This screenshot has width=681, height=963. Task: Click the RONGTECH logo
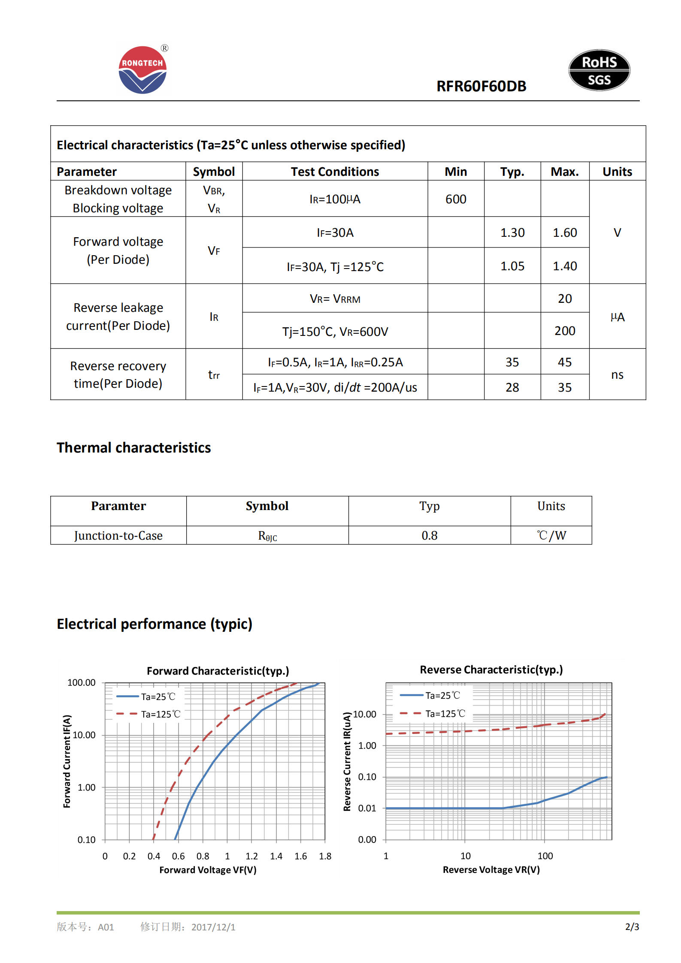click(142, 70)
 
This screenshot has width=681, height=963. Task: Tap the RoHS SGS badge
click(599, 70)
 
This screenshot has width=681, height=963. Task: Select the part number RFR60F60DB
click(481, 86)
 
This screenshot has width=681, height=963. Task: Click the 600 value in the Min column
click(455, 199)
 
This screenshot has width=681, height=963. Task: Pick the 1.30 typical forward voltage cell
click(512, 232)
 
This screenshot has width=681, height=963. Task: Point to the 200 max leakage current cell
click(564, 331)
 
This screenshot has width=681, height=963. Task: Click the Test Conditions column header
click(335, 172)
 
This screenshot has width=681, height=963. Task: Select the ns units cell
click(617, 374)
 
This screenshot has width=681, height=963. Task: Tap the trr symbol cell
click(214, 375)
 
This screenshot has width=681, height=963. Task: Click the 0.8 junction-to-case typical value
click(429, 535)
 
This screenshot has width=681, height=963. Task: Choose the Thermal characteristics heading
click(133, 447)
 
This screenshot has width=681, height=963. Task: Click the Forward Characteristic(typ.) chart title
click(218, 670)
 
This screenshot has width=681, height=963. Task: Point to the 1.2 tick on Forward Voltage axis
click(251, 856)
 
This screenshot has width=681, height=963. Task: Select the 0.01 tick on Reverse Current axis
click(367, 808)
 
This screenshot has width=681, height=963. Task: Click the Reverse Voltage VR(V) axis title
click(491, 869)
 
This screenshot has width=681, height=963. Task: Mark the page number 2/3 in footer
click(632, 927)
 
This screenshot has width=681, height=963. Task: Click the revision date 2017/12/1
click(213, 927)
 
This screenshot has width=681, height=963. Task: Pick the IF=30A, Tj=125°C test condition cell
click(335, 267)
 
